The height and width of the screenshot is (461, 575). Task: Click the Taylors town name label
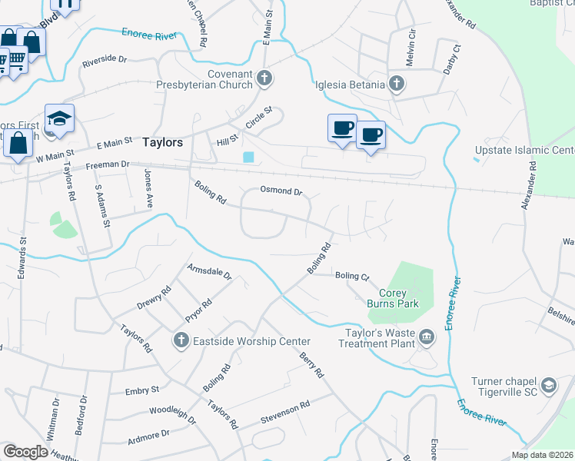[x=162, y=142]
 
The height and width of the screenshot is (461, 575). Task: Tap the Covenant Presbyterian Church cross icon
[x=264, y=77]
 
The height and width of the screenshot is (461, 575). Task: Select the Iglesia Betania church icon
[x=396, y=85]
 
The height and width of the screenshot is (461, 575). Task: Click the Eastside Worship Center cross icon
[x=181, y=340]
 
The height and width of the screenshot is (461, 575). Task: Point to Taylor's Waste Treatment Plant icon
[x=427, y=336]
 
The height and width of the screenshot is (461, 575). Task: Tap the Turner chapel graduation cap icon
[x=549, y=384]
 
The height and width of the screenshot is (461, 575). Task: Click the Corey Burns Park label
[x=399, y=298]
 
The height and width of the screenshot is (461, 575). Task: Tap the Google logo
[x=26, y=451]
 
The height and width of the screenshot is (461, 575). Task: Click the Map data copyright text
[x=541, y=455]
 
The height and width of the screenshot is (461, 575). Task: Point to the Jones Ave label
[x=148, y=189]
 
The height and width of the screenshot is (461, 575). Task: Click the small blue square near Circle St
[x=248, y=158]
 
